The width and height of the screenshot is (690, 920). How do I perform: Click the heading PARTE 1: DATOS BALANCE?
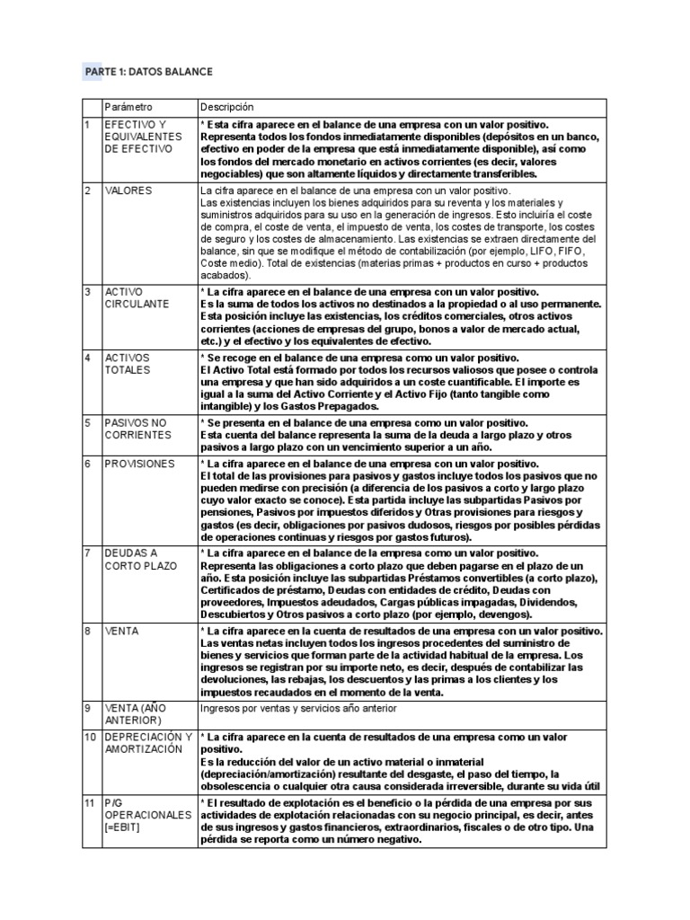pos(149,71)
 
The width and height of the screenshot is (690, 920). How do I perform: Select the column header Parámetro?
pos(129,107)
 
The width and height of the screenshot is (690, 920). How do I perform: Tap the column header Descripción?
pos(227,107)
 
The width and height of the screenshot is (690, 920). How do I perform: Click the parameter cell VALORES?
pos(128,191)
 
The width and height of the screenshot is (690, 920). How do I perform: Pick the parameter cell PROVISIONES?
pos(139,464)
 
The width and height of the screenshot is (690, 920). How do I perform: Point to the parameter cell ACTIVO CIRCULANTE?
pos(137,298)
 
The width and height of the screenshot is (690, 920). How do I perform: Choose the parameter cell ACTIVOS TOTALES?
pos(128,363)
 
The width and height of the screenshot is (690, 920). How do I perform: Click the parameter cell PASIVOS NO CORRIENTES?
pos(137,428)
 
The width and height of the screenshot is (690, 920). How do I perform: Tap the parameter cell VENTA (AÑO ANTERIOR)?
pos(136,713)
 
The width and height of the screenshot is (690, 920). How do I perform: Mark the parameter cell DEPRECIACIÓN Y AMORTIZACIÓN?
pos(148,743)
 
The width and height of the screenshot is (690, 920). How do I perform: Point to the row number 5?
pos(87,421)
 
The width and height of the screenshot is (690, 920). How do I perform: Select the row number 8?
pos(87,632)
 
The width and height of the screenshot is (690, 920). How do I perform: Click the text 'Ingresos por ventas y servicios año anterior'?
pos(298,708)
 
